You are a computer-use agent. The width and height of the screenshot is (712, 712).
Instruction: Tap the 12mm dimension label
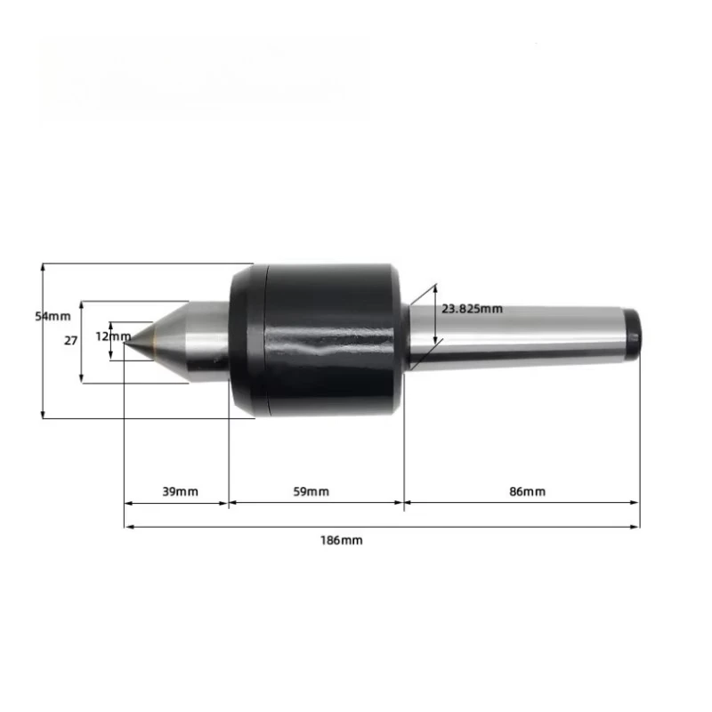[x=113, y=336]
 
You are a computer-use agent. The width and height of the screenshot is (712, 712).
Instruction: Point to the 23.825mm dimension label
[x=473, y=308]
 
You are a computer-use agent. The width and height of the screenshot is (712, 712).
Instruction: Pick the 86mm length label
[x=527, y=491]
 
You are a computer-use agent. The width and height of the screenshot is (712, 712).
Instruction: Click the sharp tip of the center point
[x=125, y=340]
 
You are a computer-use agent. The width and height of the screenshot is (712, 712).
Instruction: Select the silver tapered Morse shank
[x=516, y=337]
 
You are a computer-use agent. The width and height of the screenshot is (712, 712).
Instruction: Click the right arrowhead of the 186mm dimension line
[x=636, y=527]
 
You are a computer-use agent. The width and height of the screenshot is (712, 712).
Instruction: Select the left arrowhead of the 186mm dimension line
[x=128, y=527]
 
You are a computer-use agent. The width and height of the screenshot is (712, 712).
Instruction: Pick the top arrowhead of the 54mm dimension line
[x=43, y=266]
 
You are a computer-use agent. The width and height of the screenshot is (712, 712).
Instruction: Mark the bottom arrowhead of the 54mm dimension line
[x=43, y=414]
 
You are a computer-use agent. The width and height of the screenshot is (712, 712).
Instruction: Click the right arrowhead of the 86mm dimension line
[x=636, y=503]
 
